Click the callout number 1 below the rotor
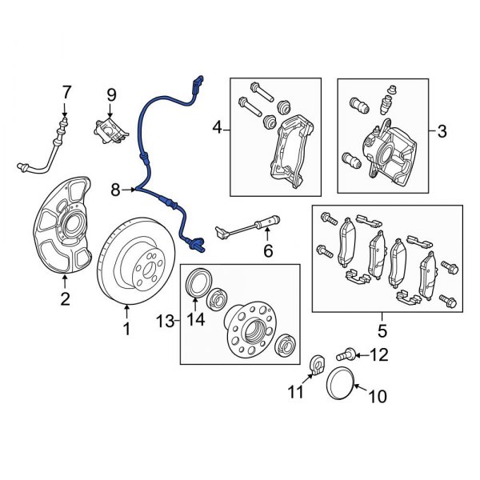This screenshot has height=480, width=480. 126,328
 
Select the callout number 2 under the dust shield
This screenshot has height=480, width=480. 65,300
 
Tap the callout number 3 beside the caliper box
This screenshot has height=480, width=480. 441,128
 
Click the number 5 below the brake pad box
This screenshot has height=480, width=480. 382,330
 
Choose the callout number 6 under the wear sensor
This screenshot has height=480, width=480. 268,251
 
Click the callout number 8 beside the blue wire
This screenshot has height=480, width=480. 116,190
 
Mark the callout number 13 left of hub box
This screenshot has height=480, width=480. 164,321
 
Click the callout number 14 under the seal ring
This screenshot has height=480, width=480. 195,321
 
